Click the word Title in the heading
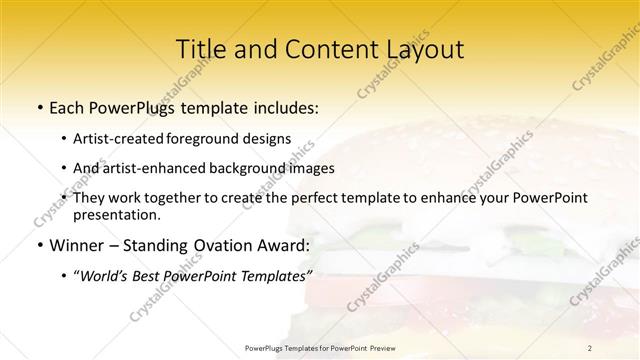(200, 49)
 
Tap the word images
(308, 169)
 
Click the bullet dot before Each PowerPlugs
(39, 107)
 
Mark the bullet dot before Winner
(39, 245)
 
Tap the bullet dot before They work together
(64, 199)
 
